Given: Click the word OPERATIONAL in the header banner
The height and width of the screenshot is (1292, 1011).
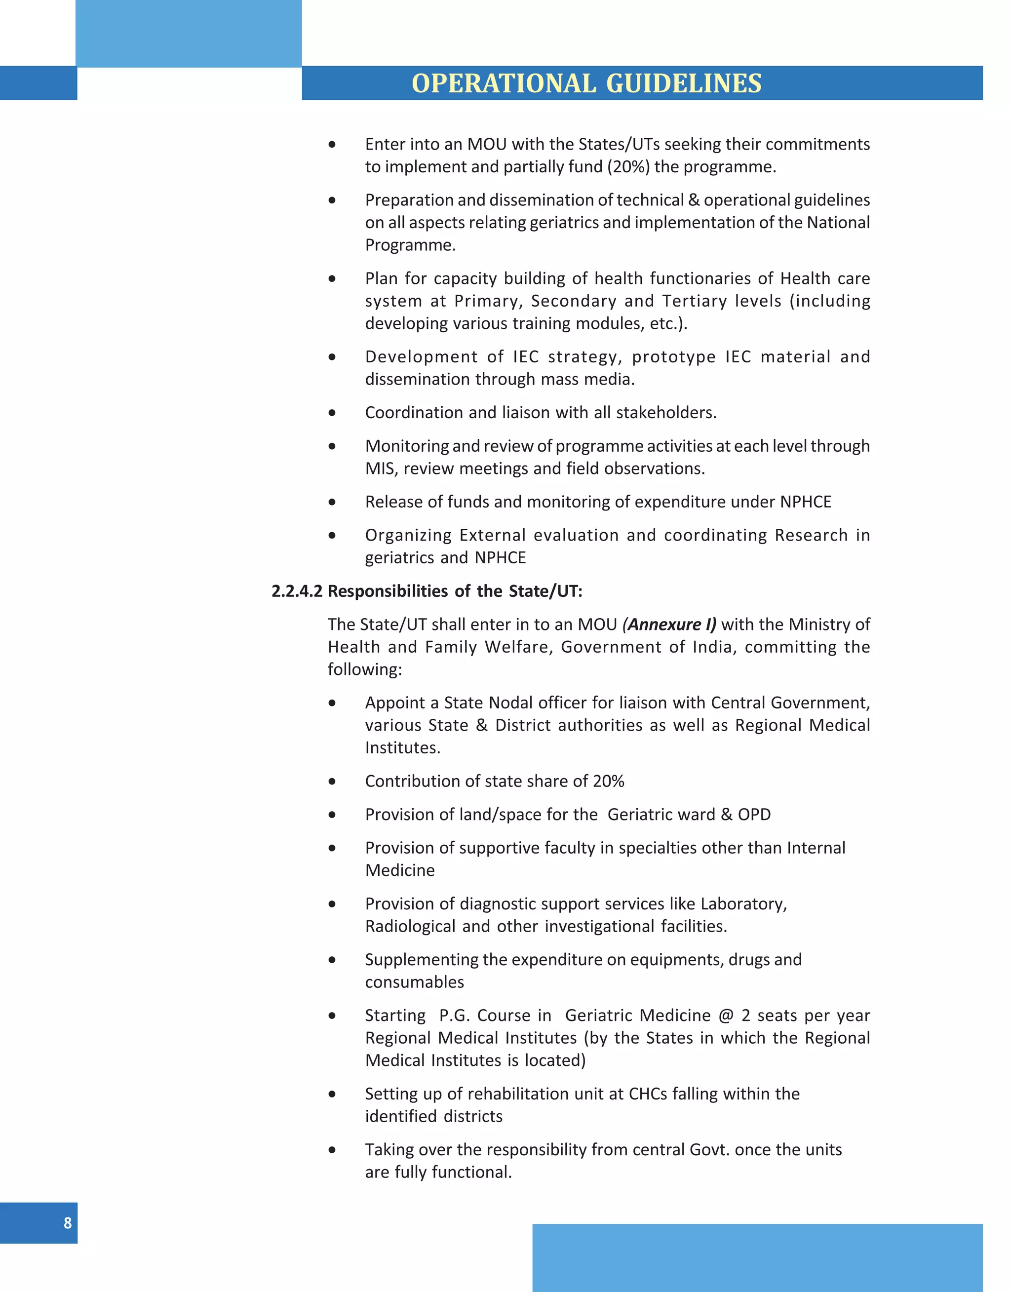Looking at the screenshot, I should click(x=503, y=83).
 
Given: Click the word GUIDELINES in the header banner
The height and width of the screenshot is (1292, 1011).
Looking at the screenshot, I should click(x=684, y=83).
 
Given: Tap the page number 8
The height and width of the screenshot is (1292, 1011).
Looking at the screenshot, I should click(x=68, y=1223).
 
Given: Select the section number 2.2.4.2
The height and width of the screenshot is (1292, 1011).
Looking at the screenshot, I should click(x=297, y=591).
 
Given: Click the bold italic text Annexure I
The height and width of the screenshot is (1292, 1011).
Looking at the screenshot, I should click(x=669, y=625).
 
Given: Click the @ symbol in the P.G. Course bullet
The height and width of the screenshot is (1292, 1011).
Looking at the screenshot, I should click(x=726, y=1016).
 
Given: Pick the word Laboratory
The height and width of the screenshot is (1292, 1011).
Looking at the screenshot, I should click(x=743, y=904).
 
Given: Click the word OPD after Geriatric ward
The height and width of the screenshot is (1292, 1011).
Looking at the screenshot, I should click(x=754, y=815).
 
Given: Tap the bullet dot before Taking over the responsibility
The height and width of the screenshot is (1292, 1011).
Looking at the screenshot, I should click(x=332, y=1150).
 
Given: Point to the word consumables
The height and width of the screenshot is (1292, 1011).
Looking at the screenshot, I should click(x=414, y=982).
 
